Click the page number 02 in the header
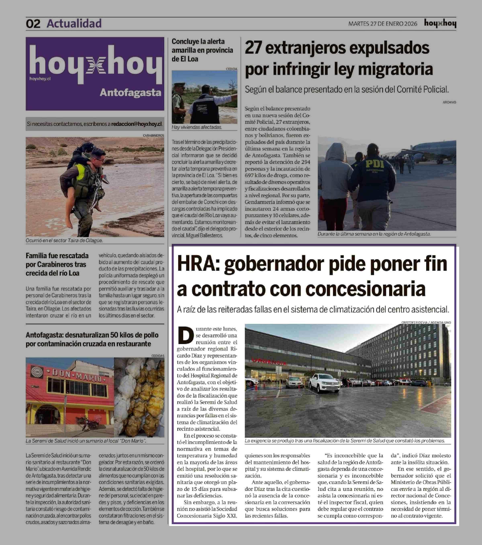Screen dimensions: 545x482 point(33,24)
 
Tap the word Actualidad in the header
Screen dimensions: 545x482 point(74,23)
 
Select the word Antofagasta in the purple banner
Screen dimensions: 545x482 point(130,92)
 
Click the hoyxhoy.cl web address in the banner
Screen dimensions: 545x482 point(40,79)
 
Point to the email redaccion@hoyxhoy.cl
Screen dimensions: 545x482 point(136,124)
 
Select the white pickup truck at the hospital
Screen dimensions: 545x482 point(324,383)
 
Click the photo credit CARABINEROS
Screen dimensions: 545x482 point(153,135)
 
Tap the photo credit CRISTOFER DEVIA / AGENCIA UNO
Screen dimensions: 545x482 point(426,322)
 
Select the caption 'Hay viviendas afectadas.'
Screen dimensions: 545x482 point(197,127)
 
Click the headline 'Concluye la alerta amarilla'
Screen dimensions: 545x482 point(202,50)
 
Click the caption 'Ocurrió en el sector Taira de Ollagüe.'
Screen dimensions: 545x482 point(64,240)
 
